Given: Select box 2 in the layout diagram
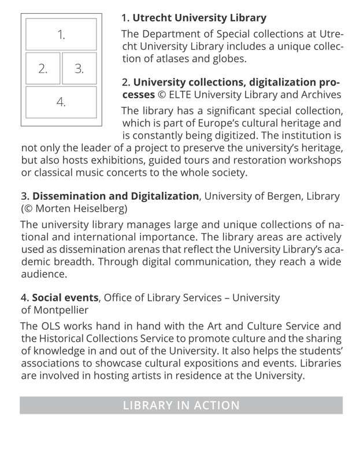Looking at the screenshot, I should pos(42,69).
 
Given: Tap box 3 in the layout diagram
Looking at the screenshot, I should pos(79,69).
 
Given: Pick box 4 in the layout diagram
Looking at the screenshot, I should pos(61,102).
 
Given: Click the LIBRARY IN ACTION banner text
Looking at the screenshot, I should pos(181,405).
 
